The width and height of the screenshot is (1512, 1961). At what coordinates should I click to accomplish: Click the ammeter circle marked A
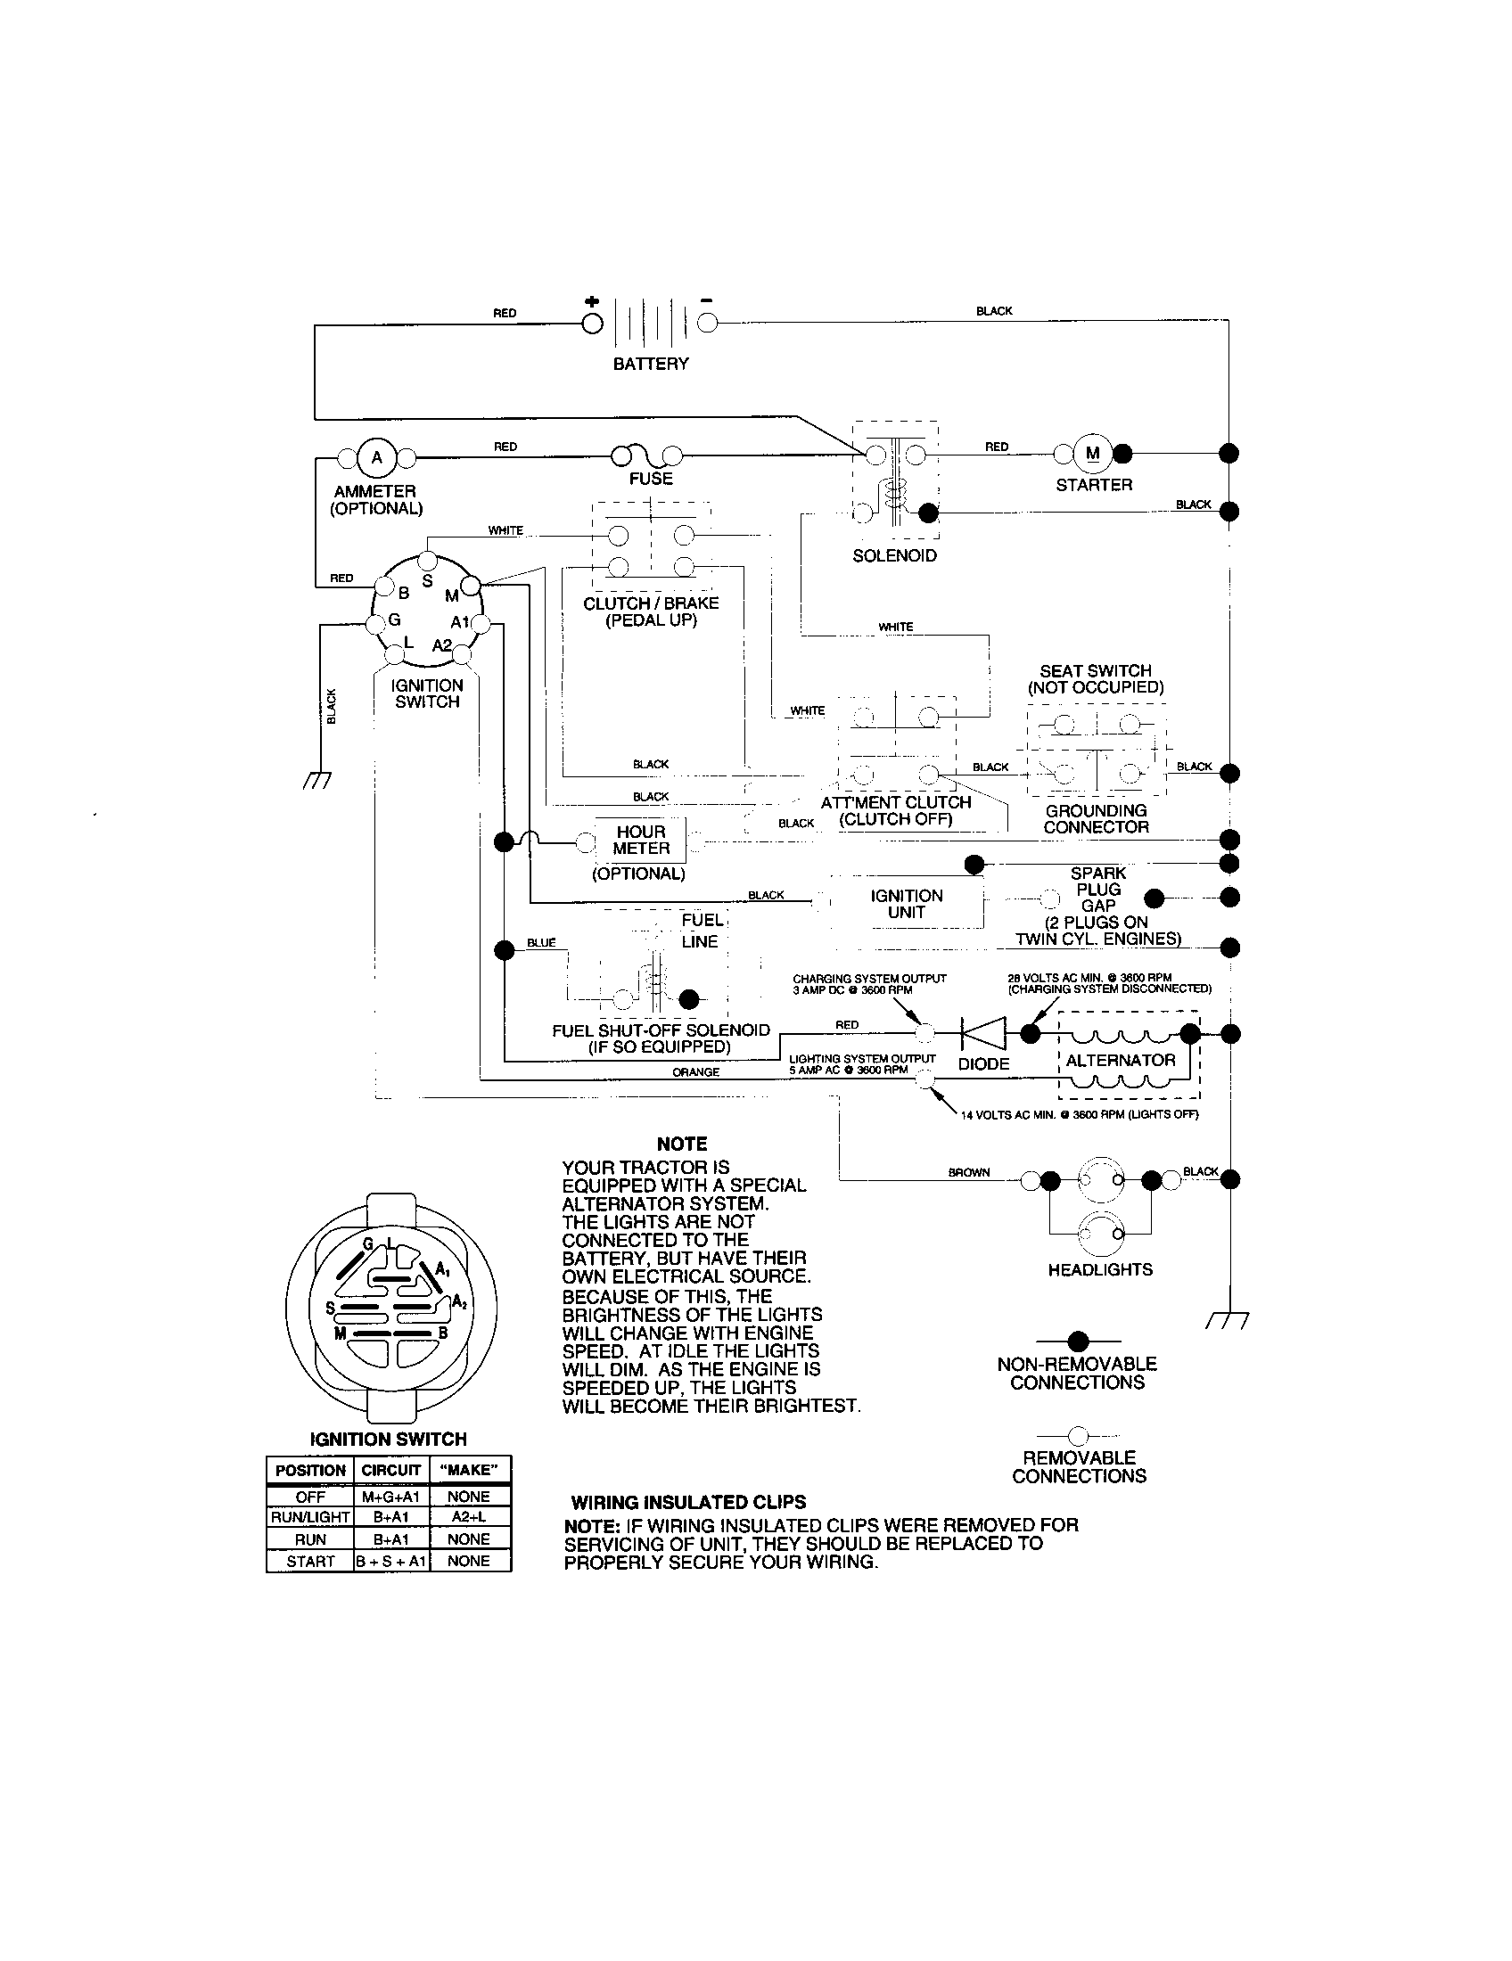pos(376,458)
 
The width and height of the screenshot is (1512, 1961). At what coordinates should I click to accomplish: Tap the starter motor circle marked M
pos(1093,454)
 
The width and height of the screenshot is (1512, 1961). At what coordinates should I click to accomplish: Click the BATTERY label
pos(651,364)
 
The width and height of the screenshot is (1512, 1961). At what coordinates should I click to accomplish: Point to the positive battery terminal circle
pos(593,324)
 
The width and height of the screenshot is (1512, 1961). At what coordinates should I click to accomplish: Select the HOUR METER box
pos(641,841)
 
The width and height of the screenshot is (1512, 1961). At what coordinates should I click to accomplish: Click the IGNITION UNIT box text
pos(906,904)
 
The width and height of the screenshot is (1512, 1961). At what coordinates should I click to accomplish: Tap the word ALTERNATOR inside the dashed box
pos(1120,1061)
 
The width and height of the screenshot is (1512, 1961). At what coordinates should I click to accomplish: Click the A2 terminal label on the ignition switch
pos(443,645)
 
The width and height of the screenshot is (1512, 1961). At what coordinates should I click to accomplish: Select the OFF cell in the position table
pos(310,1497)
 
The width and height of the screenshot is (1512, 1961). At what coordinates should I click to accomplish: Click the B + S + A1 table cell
pos(391,1562)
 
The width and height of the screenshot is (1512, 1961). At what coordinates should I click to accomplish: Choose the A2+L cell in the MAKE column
pos(469,1517)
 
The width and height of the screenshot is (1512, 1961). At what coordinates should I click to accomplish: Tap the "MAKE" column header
pos(469,1470)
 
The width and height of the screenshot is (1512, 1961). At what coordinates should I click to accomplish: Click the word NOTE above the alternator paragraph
pos(681,1144)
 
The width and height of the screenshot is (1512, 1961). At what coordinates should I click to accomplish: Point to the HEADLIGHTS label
pos(1100,1269)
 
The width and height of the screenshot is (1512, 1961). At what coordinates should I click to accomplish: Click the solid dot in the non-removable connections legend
pos(1079,1342)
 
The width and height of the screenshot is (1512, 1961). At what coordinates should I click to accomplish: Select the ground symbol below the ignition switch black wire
pos(318,780)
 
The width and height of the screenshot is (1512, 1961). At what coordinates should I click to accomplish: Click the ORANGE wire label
pos(696,1072)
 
